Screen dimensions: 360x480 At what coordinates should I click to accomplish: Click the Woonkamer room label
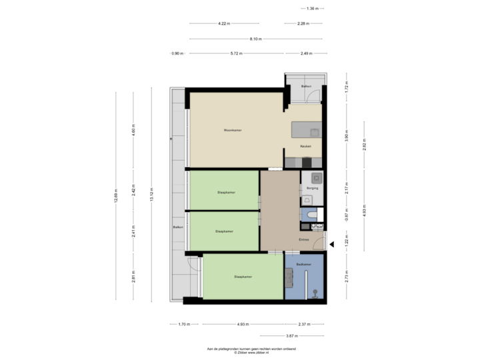[x=233, y=130]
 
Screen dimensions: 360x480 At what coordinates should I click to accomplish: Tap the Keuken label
[x=305, y=146]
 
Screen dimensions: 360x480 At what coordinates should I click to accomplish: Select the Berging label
[x=313, y=189]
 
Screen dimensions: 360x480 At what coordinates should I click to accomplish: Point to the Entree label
[x=304, y=239]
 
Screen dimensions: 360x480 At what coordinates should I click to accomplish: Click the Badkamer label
[x=305, y=264]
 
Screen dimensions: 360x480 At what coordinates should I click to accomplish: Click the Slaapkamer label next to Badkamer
[x=243, y=276]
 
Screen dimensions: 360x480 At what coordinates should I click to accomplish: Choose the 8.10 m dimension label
[x=255, y=39]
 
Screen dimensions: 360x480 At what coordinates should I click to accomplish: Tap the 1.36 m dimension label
[x=312, y=9]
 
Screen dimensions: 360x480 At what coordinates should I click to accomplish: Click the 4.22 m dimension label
[x=224, y=23]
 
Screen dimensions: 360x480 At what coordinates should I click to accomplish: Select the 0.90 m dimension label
[x=177, y=53]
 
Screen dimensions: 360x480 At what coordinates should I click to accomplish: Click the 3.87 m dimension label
[x=291, y=336]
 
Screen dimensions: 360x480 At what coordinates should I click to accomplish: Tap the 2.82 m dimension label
[x=364, y=146]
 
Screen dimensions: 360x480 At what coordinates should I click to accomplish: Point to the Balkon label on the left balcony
[x=178, y=227]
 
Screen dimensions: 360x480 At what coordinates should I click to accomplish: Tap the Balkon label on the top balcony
[x=307, y=87]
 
